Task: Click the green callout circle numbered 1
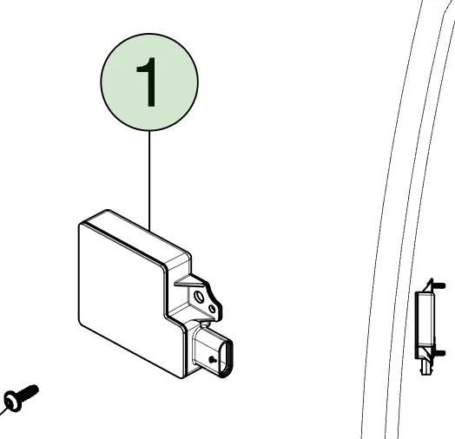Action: [149, 82]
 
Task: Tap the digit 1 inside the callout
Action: [148, 82]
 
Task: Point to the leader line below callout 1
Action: [149, 181]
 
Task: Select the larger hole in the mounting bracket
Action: [199, 297]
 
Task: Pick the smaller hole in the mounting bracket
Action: [213, 309]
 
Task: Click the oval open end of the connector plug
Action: [227, 358]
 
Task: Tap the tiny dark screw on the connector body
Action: [213, 360]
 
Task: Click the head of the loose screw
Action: [12, 401]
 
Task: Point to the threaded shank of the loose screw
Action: [29, 392]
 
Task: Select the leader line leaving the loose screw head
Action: [3, 411]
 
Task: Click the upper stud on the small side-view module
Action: [439, 285]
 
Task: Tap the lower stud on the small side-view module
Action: [439, 353]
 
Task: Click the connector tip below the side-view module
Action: [425, 368]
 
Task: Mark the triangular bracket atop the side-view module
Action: [428, 286]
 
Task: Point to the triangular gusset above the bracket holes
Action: [188, 280]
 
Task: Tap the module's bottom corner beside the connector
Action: [181, 377]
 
